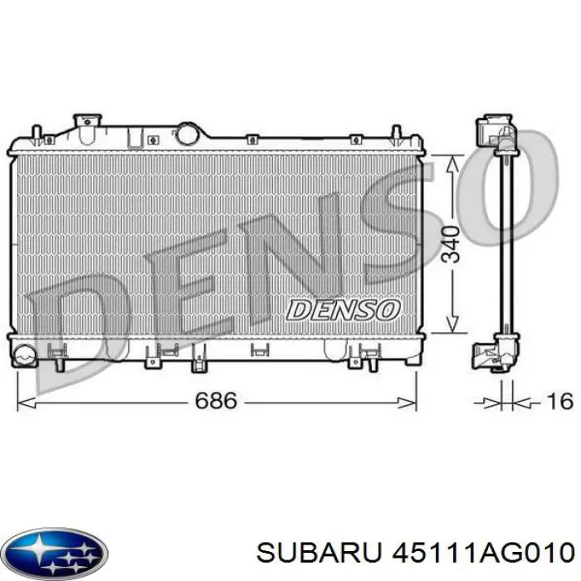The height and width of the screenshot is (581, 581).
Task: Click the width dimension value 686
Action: (x=216, y=402)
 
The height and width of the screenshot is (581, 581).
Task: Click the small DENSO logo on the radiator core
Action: (x=343, y=310)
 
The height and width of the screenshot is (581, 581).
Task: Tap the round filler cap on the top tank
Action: (x=188, y=133)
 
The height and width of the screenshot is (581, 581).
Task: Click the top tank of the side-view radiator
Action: (x=496, y=132)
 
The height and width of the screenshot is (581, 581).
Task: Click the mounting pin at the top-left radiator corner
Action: (x=37, y=133)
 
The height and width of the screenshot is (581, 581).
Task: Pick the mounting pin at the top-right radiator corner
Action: (x=398, y=133)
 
